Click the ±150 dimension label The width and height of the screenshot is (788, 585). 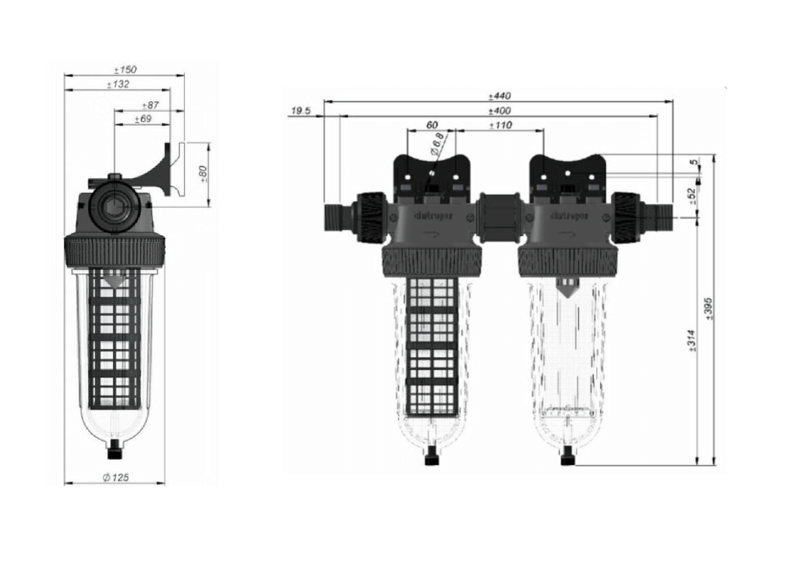[x=125, y=70]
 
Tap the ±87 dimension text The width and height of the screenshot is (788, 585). [x=150, y=106]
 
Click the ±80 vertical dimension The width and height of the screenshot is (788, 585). [x=203, y=174]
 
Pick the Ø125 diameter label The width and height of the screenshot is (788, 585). [x=115, y=478]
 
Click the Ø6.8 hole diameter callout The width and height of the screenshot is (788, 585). [x=437, y=144]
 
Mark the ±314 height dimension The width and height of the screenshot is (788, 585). [x=692, y=341]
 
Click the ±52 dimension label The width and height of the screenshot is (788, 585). [x=692, y=195]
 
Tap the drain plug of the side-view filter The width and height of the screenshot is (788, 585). [x=114, y=453]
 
